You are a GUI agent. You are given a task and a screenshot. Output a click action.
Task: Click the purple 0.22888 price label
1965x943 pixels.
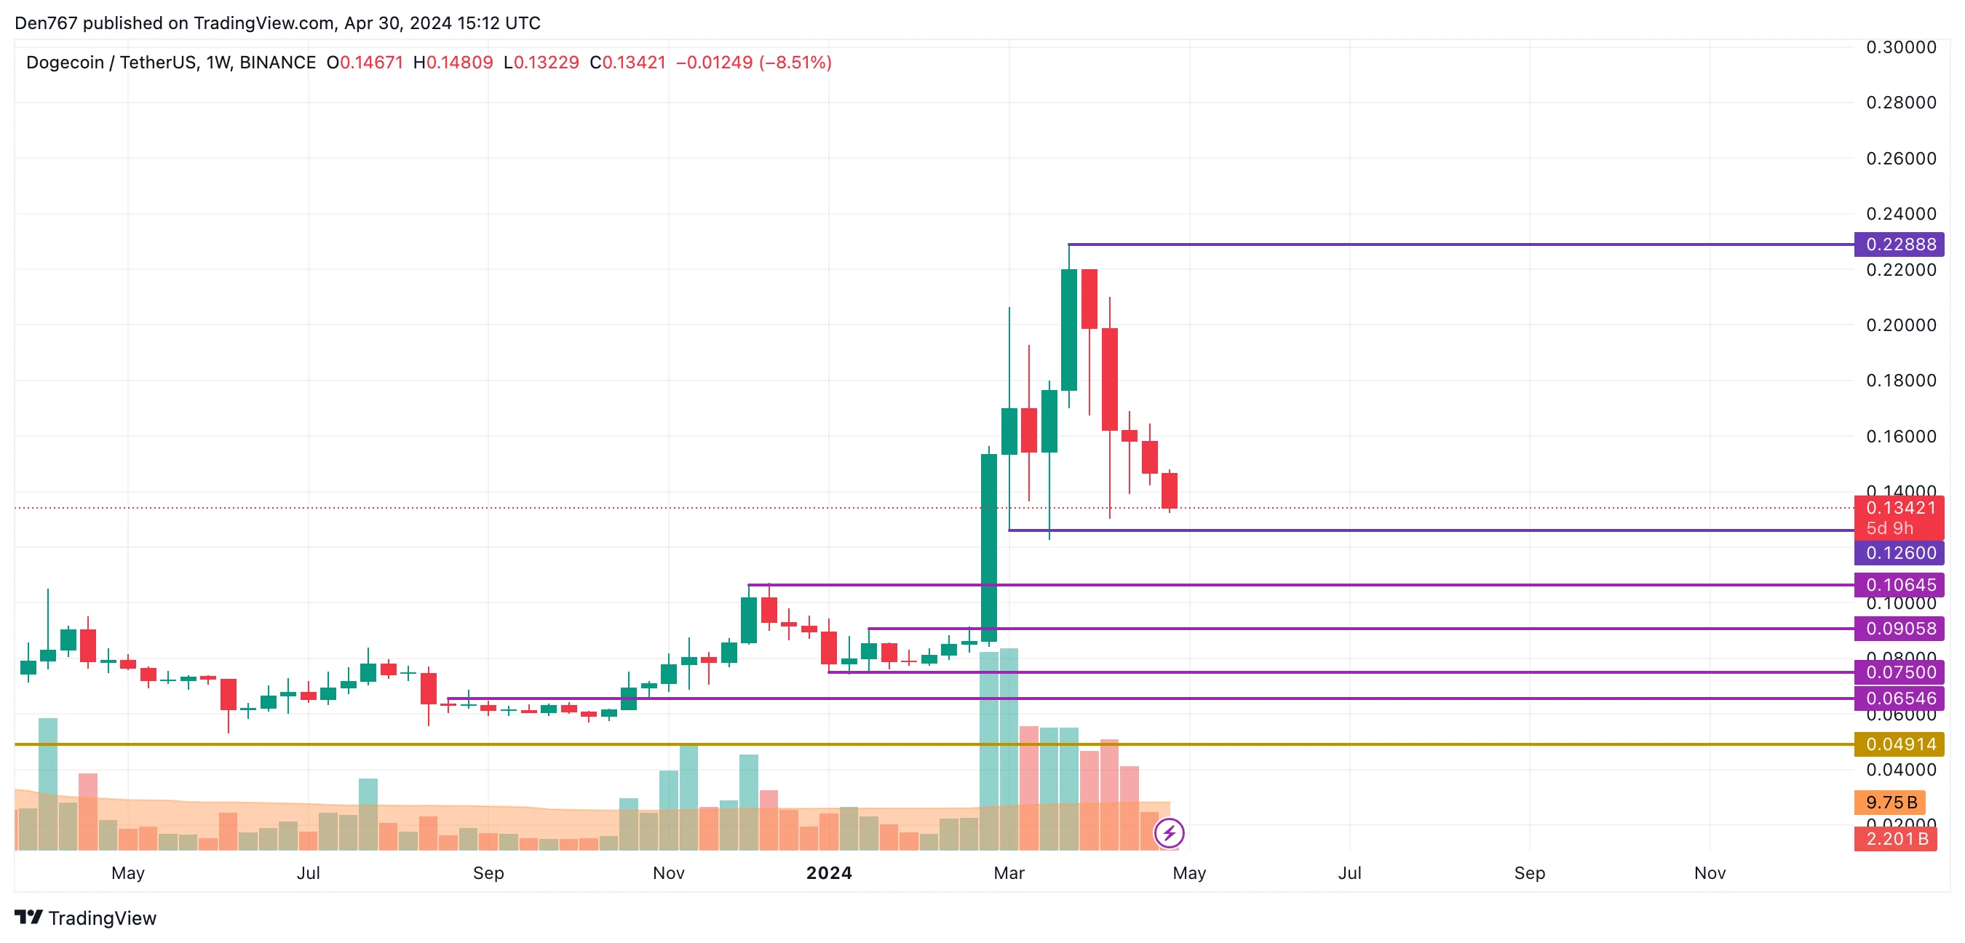[1899, 244]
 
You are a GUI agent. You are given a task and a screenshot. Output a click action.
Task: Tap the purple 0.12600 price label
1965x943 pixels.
[1899, 552]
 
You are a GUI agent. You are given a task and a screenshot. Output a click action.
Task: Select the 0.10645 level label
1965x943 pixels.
[1899, 584]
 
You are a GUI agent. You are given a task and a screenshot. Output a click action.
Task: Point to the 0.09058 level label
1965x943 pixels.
[1899, 628]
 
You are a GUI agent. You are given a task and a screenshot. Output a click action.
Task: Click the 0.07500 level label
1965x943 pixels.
[1899, 672]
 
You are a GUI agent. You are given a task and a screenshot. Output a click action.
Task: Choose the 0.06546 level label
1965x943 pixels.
[1899, 697]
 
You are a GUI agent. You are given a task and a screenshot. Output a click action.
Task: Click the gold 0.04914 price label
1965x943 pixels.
[1899, 743]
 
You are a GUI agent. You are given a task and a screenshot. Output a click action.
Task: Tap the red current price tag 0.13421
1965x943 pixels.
[1899, 508]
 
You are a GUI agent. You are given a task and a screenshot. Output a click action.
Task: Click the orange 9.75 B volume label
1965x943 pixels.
[1890, 802]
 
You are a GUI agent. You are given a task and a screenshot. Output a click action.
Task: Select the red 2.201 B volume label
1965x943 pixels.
[1896, 838]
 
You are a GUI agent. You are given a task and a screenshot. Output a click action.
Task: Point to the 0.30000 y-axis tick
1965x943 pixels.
[1900, 47]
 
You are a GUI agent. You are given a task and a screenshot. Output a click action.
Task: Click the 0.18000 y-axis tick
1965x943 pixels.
[1900, 380]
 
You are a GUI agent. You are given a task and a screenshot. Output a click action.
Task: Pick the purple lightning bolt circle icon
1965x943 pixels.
[1169, 832]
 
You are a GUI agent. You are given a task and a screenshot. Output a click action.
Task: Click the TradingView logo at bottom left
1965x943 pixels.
[85, 917]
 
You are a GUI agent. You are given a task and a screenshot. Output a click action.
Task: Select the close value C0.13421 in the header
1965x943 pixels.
[627, 63]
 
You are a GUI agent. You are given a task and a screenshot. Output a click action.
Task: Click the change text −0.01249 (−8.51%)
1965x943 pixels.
[754, 63]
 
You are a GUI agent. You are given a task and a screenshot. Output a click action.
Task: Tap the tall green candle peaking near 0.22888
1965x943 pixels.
[1068, 330]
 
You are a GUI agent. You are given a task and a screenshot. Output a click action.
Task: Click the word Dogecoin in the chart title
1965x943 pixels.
[65, 63]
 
